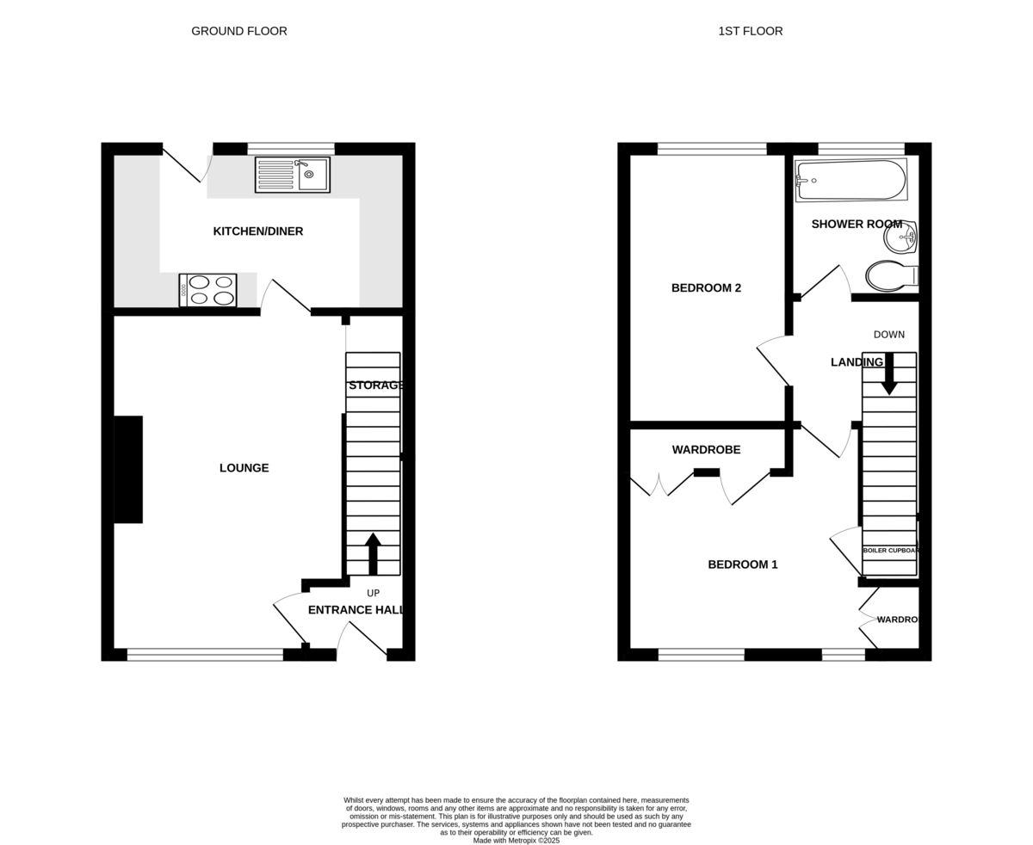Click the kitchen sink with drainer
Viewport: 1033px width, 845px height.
(x=293, y=175)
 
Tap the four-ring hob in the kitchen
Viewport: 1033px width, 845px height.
(x=207, y=290)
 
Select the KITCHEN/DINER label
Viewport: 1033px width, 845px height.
(x=258, y=231)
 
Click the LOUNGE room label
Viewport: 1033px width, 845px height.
(x=244, y=468)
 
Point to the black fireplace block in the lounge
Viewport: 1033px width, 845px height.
(x=128, y=469)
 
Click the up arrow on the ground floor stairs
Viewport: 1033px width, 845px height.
(x=373, y=553)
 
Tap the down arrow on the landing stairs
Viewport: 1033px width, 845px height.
(x=889, y=373)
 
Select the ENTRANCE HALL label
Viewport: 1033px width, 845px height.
(x=356, y=610)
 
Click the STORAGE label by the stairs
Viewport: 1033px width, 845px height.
(x=376, y=385)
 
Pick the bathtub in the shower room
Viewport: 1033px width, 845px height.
(x=851, y=180)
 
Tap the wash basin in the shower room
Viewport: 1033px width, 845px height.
(x=900, y=237)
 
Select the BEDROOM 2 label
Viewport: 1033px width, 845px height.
(x=706, y=288)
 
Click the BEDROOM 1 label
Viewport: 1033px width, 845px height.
(x=743, y=565)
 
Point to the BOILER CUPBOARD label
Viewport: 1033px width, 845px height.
(x=891, y=550)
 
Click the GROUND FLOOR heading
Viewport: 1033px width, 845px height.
(x=239, y=31)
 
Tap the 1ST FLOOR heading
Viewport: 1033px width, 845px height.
(x=751, y=31)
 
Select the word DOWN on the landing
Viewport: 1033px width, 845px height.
(x=889, y=335)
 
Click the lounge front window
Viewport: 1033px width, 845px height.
(x=205, y=655)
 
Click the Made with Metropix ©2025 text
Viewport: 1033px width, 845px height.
(x=516, y=840)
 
